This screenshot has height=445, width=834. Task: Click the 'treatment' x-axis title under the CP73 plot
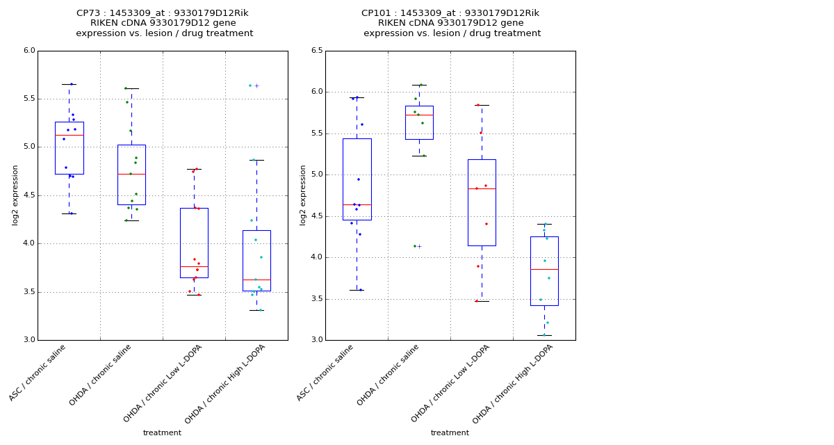pos(162,433)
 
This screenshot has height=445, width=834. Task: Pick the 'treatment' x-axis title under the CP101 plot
pos(450,433)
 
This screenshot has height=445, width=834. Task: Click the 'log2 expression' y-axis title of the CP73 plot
pos(15,195)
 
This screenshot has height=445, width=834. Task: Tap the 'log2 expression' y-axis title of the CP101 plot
pos(303,195)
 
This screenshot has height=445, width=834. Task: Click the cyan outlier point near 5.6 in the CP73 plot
pos(250,86)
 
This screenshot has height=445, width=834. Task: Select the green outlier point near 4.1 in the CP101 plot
pos(415,246)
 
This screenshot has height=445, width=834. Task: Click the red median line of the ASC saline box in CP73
pos(69,135)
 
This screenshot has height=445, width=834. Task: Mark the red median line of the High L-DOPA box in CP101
pos(544,269)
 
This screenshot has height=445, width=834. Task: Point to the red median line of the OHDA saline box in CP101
pos(419,115)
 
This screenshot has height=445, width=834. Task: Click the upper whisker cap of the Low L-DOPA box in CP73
pos(194,169)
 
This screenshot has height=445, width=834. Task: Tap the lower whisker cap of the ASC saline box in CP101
pos(357,290)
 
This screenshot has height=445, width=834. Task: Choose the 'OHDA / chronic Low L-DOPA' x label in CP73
pos(164,382)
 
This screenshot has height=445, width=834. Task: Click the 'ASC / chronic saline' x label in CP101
pos(326,372)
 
